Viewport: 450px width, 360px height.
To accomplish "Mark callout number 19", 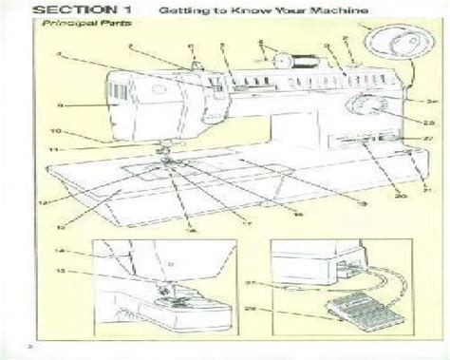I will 362,203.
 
